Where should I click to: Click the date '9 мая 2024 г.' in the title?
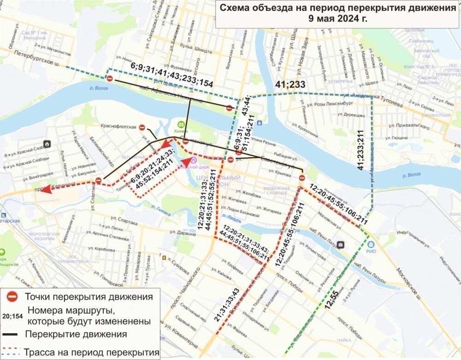(x=338, y=19)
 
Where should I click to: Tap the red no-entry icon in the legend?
(x=12, y=296)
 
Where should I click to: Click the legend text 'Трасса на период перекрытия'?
(x=92, y=353)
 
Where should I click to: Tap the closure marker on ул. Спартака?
(x=98, y=180)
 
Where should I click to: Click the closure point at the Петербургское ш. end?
(x=110, y=78)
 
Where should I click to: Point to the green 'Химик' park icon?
(x=182, y=124)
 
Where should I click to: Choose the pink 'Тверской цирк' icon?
(x=194, y=160)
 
